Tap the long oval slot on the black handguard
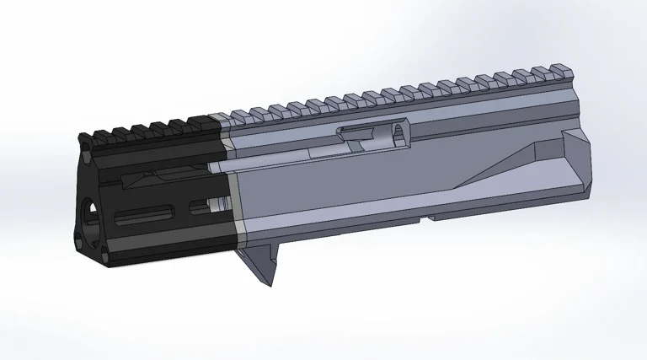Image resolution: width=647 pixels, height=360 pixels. coord(147,214)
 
